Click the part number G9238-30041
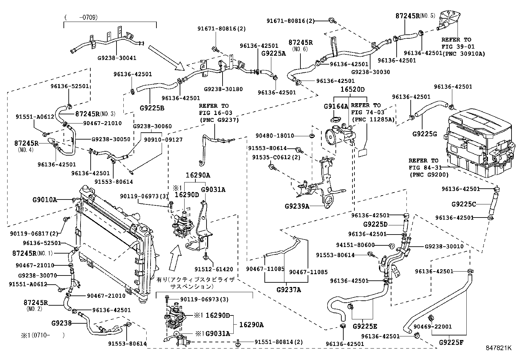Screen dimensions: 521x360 pos(117,58)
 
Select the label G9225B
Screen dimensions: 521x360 pos(152,108)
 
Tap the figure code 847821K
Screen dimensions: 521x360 pos(499,348)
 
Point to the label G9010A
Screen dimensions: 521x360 pos(45,200)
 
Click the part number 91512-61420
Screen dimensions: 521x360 pos(214,269)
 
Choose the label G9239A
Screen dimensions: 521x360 pos(297,206)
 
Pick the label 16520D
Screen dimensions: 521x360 pos(352,89)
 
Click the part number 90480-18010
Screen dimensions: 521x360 pos(275,136)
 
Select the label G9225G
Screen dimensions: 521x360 pos(424,134)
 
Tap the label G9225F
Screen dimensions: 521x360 pos(451,342)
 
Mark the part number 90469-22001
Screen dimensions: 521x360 pos(433,327)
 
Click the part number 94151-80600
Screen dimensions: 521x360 pos(355,245)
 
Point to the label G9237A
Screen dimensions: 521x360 pos(289,290)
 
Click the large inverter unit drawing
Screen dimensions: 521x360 pos(479,143)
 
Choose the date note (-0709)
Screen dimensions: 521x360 pos(81,17)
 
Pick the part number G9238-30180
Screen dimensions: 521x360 pos(223,89)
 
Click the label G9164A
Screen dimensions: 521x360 pos(336,107)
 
